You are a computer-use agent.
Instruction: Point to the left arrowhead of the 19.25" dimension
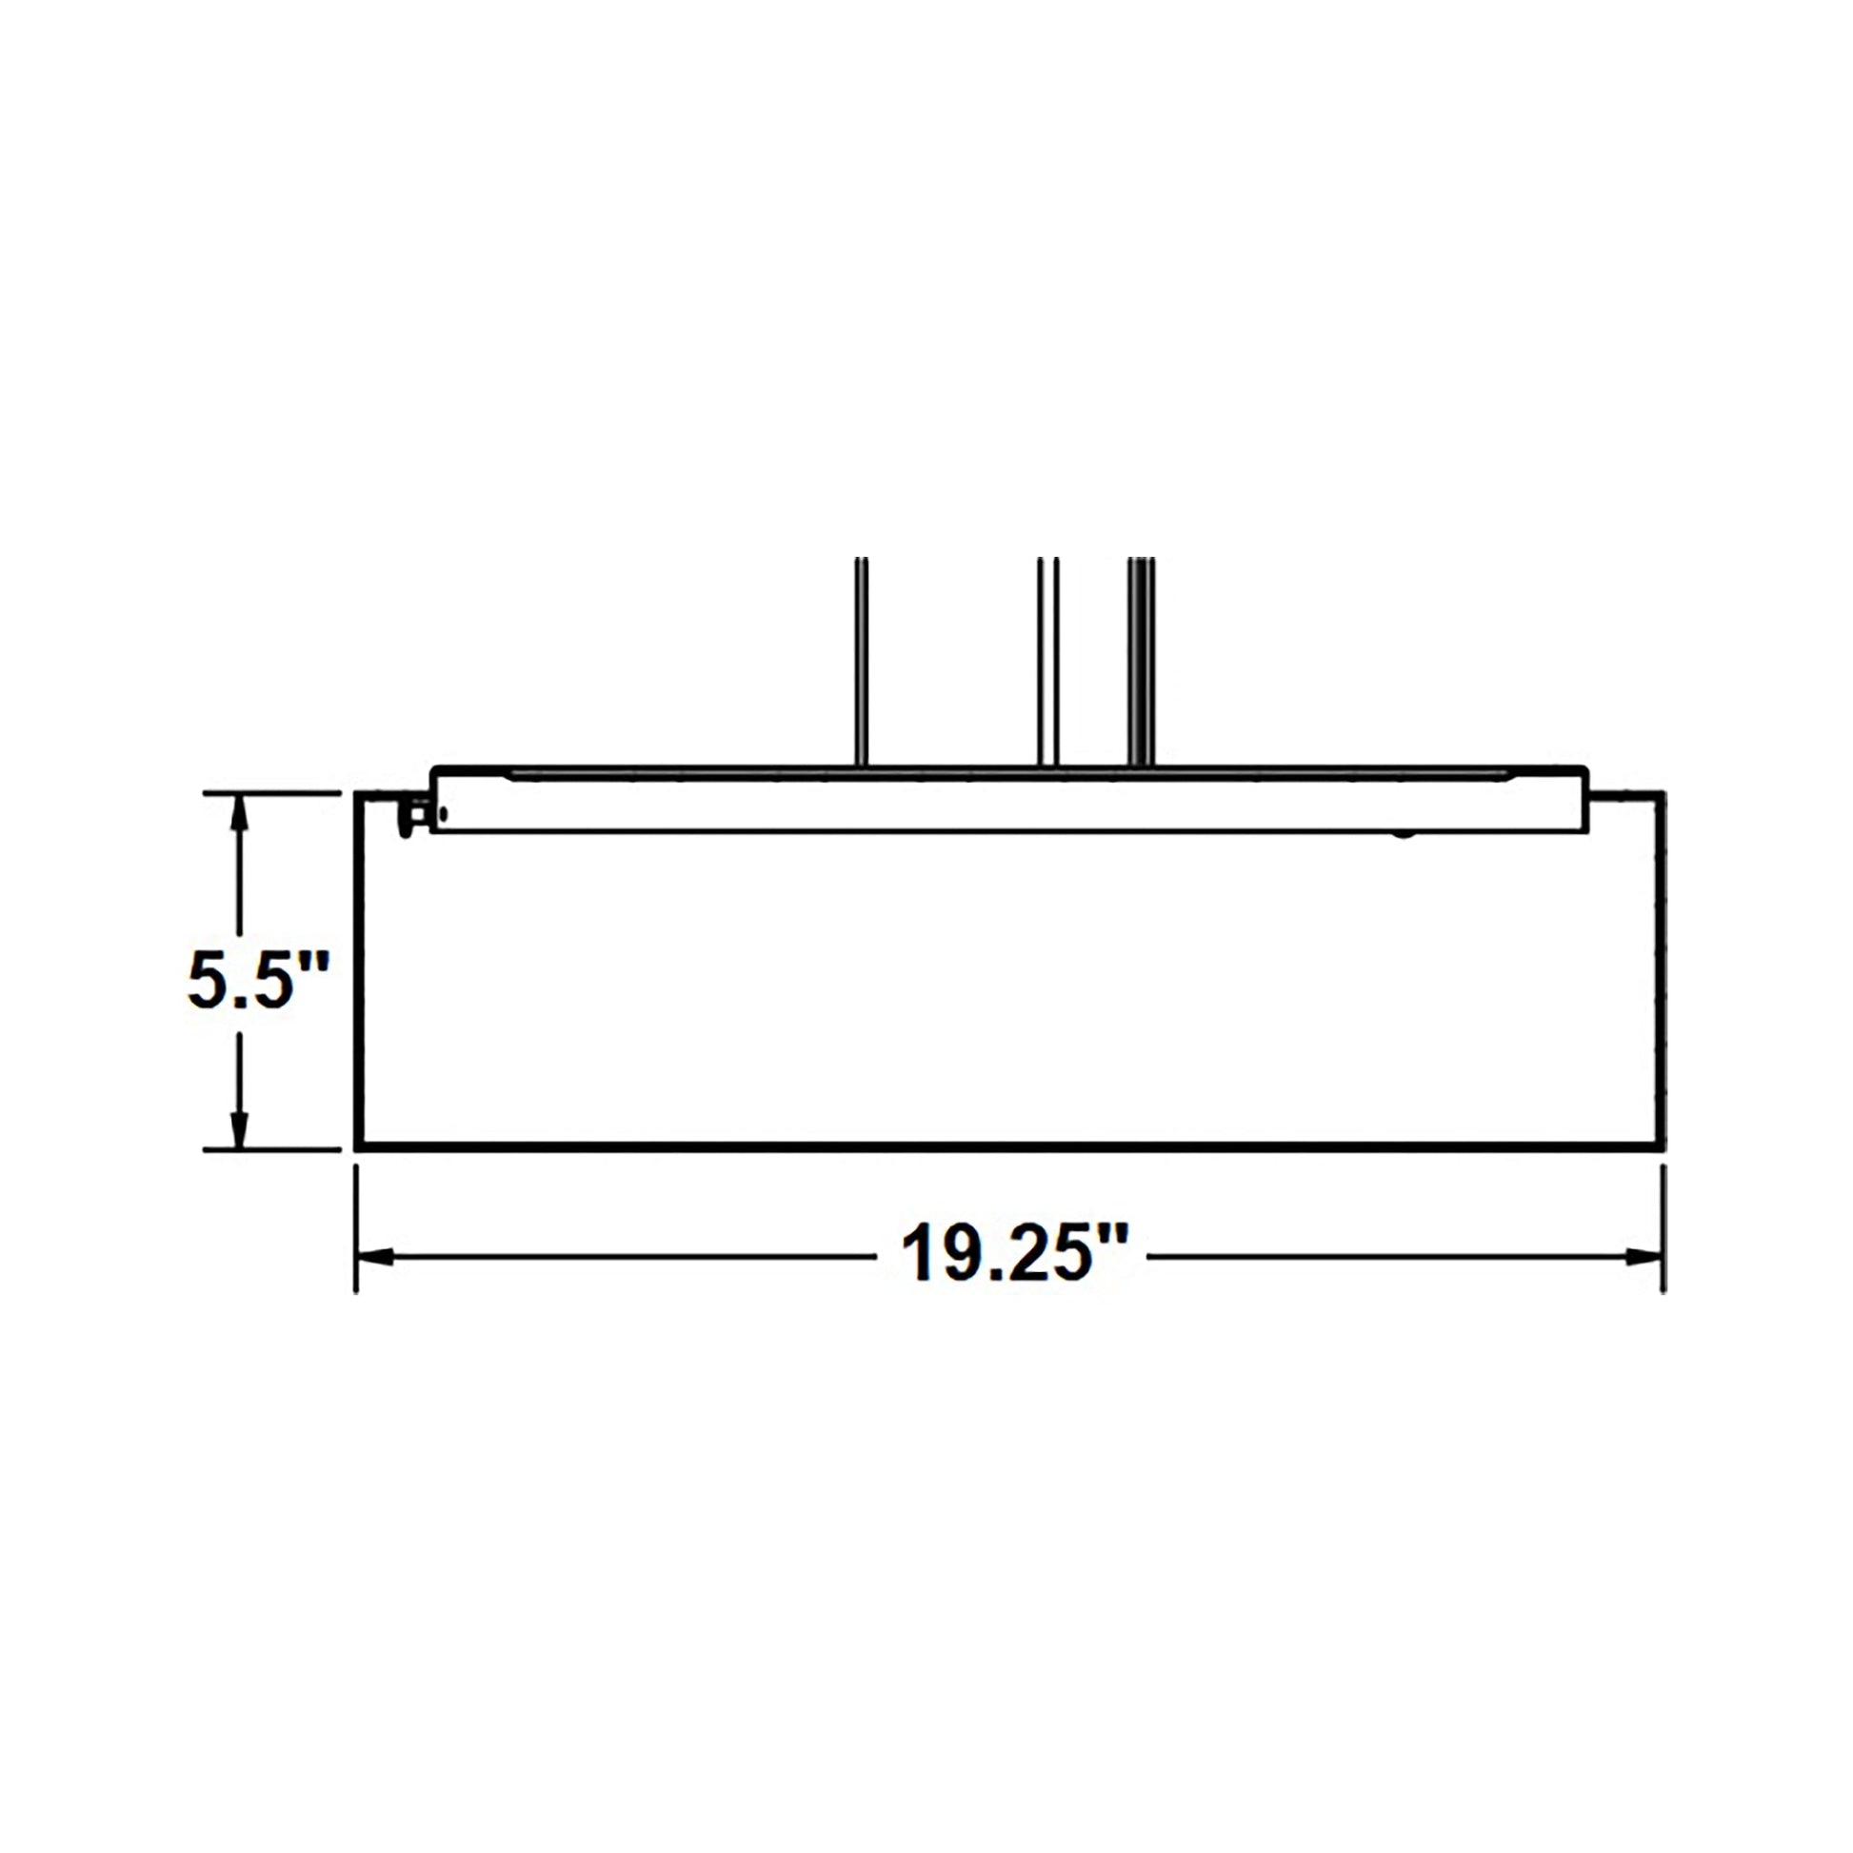point(374,1256)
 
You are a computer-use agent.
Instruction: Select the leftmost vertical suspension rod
point(862,662)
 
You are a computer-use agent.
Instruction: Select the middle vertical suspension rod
point(1047,662)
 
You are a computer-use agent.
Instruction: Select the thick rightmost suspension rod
point(1141,662)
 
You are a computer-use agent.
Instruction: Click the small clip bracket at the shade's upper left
point(415,815)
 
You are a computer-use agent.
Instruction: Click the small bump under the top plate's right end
point(1405,833)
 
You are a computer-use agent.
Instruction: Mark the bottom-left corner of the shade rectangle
point(358,1145)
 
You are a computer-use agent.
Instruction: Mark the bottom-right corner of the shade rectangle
point(1663,1145)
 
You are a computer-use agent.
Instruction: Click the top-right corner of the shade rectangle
point(1663,793)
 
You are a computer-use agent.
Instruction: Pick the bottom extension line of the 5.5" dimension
point(273,1148)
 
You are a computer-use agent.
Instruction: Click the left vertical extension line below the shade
point(357,1227)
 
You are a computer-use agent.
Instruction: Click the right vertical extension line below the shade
point(1664,1227)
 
